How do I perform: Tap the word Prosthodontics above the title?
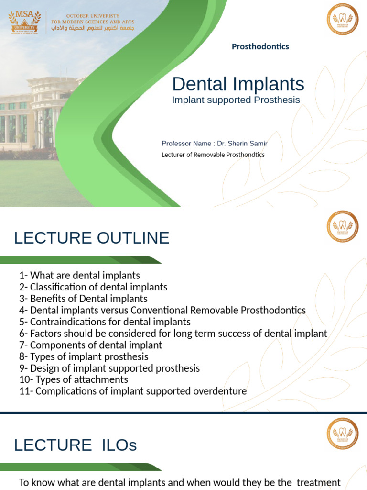(260, 46)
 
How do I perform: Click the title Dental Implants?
(238, 84)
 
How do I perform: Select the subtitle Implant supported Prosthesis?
(236, 100)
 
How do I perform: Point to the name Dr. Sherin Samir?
(242, 143)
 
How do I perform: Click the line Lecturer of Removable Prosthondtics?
(213, 155)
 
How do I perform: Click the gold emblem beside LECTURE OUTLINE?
(342, 226)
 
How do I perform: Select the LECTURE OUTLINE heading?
(92, 238)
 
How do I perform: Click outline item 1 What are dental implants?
(79, 276)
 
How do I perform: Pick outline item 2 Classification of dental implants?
(93, 287)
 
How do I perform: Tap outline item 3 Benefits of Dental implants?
(83, 299)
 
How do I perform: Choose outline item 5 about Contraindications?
(105, 322)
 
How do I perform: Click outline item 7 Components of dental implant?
(91, 345)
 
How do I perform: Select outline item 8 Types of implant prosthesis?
(84, 356)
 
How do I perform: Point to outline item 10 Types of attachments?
(74, 379)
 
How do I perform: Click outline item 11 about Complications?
(133, 391)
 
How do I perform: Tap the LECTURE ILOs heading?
(76, 445)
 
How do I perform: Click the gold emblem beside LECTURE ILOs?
(342, 434)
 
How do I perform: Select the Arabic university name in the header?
(93, 29)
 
